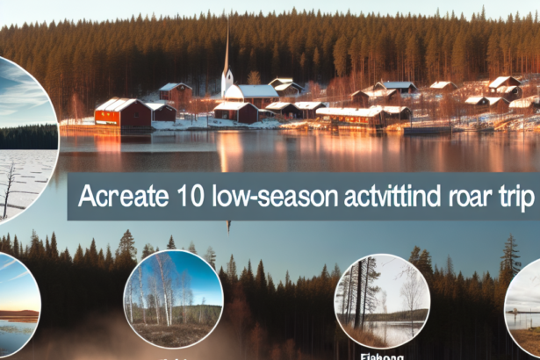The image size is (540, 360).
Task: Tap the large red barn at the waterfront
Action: (x=123, y=115)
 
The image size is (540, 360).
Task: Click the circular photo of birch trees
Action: (x=173, y=299)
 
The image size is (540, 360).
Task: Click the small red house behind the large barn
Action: (x=176, y=91)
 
